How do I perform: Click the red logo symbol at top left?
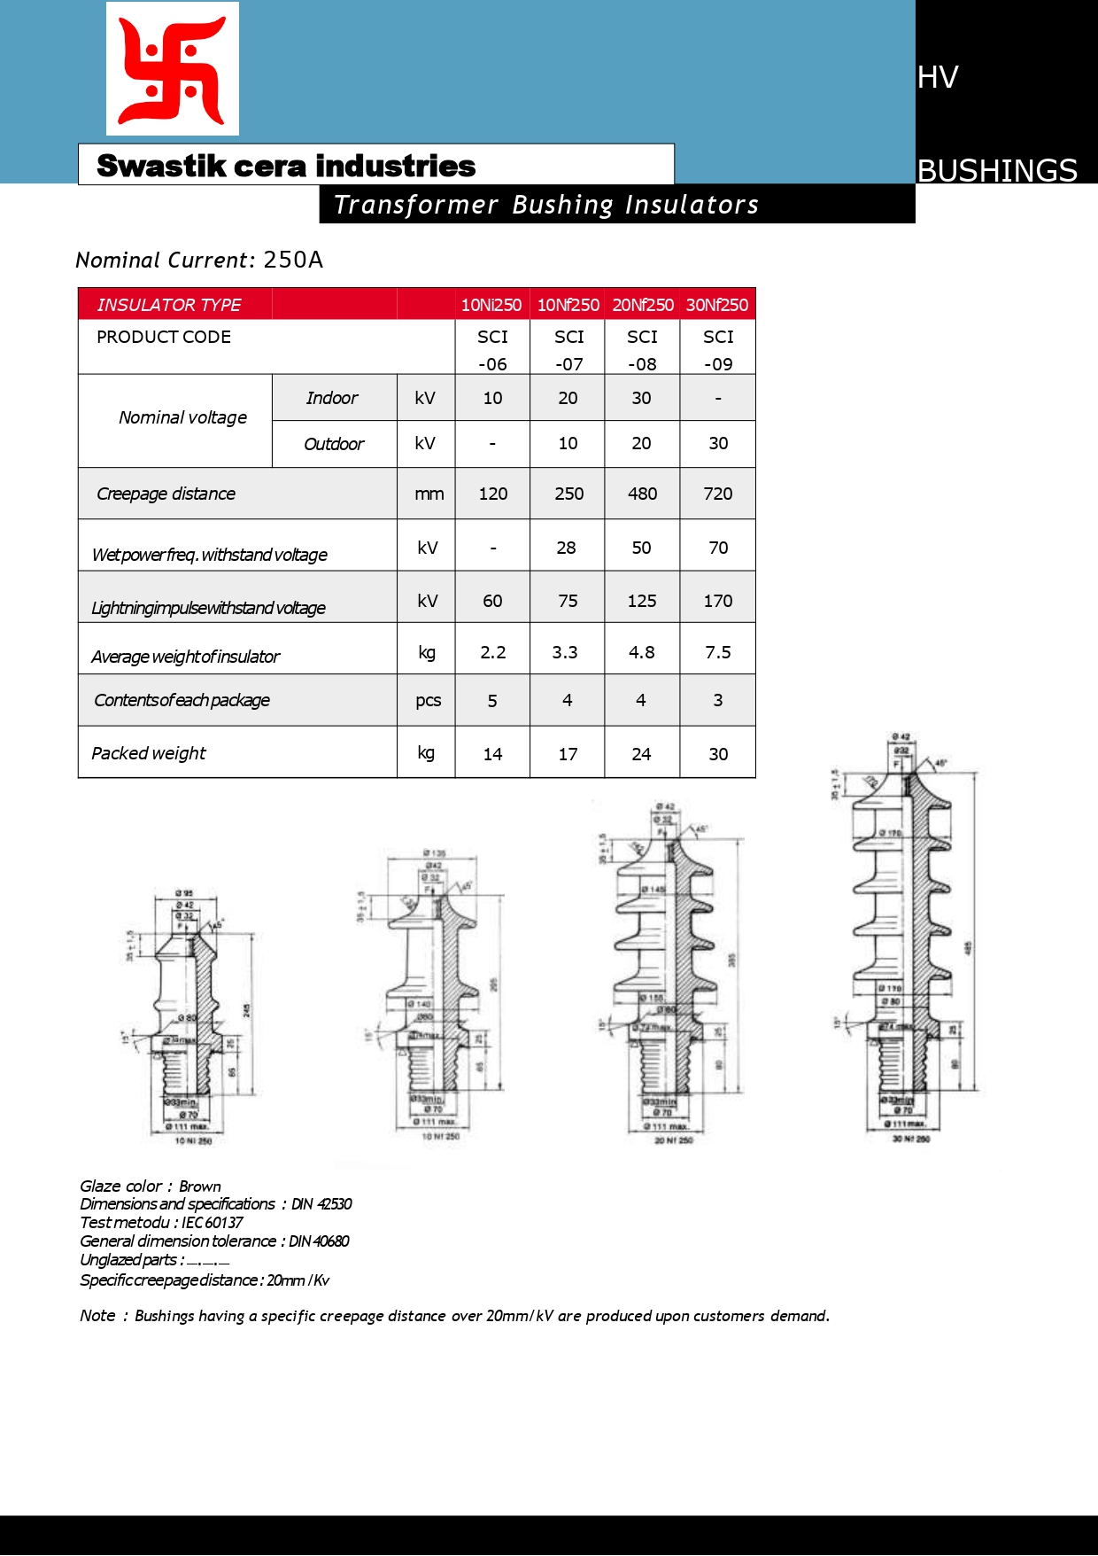tap(173, 69)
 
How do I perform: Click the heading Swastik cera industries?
tap(286, 166)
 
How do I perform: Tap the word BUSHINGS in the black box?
tap(997, 169)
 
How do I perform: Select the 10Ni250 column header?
tap(491, 305)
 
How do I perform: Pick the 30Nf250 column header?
tap(717, 305)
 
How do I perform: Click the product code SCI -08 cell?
tap(642, 349)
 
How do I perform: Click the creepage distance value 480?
tap(642, 494)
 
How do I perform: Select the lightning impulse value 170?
tap(717, 601)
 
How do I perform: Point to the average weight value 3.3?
tap(565, 652)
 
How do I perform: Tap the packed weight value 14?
tap(492, 754)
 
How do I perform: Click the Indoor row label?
tap(332, 398)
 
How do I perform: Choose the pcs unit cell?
tap(428, 700)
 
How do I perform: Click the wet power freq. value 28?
tap(566, 548)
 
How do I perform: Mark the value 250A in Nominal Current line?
tap(293, 260)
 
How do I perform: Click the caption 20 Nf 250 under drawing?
tap(674, 1140)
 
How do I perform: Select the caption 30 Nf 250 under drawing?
tap(911, 1139)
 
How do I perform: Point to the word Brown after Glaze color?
tap(200, 1186)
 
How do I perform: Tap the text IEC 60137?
tap(213, 1223)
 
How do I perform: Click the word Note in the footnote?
tap(97, 1316)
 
